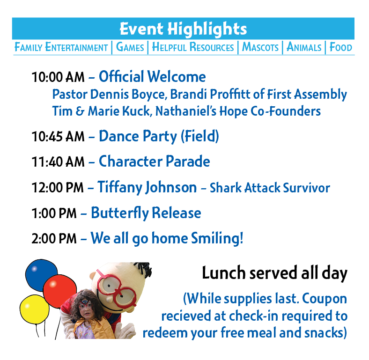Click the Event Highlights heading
tap(183, 29)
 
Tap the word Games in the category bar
tap(130, 47)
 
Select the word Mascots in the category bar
tap(260, 47)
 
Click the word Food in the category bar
tap(341, 47)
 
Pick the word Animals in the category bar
tap(304, 47)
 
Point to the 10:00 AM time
tap(58, 77)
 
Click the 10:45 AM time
tap(58, 137)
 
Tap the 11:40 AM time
tap(58, 162)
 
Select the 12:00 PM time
tap(58, 188)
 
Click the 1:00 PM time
tap(54, 213)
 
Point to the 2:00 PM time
tap(54, 239)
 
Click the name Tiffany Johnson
tap(147, 188)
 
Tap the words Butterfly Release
tap(146, 213)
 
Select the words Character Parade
tap(155, 162)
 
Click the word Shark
tap(226, 188)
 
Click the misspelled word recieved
tap(186, 316)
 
